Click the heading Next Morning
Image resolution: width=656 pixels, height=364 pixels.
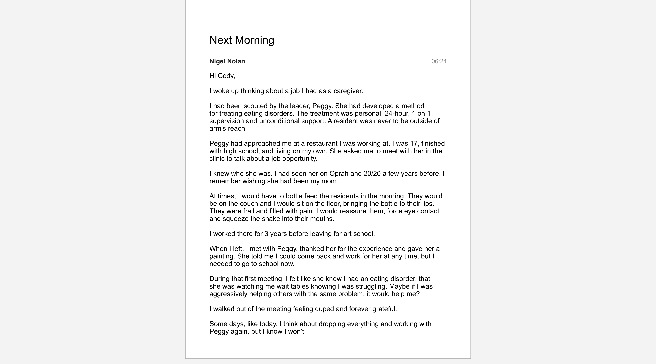(242, 40)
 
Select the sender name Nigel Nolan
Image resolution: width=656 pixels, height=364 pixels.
(227, 61)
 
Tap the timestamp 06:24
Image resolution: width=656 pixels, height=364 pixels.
(439, 61)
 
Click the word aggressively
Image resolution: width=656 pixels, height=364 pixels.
(228, 294)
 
